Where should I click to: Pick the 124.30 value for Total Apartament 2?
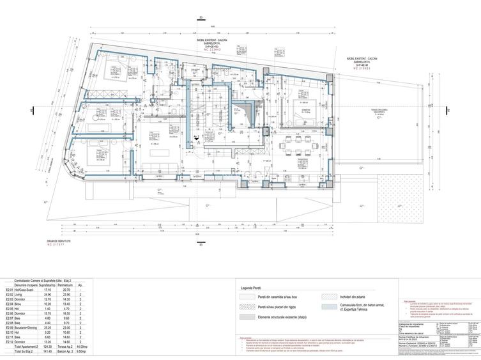[x=48, y=347]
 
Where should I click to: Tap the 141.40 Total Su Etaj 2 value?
[x=48, y=352]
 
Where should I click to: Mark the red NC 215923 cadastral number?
[x=362, y=68]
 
